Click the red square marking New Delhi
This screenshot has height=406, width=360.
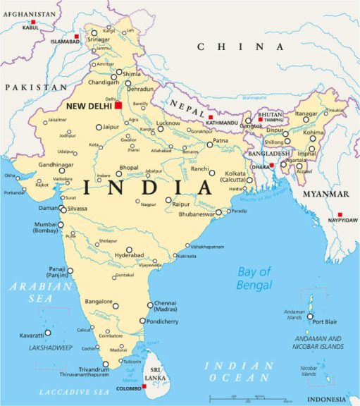pos(119,106)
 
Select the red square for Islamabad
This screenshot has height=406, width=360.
pos(76,35)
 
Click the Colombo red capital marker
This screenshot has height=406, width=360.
pos(144,386)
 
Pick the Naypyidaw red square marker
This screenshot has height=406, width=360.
pos(340,214)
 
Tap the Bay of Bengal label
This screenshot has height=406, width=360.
pos(254,278)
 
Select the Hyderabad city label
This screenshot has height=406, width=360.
pos(129,254)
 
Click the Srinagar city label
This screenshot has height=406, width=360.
pos(99,40)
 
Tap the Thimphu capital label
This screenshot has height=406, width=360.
pos(275,121)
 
